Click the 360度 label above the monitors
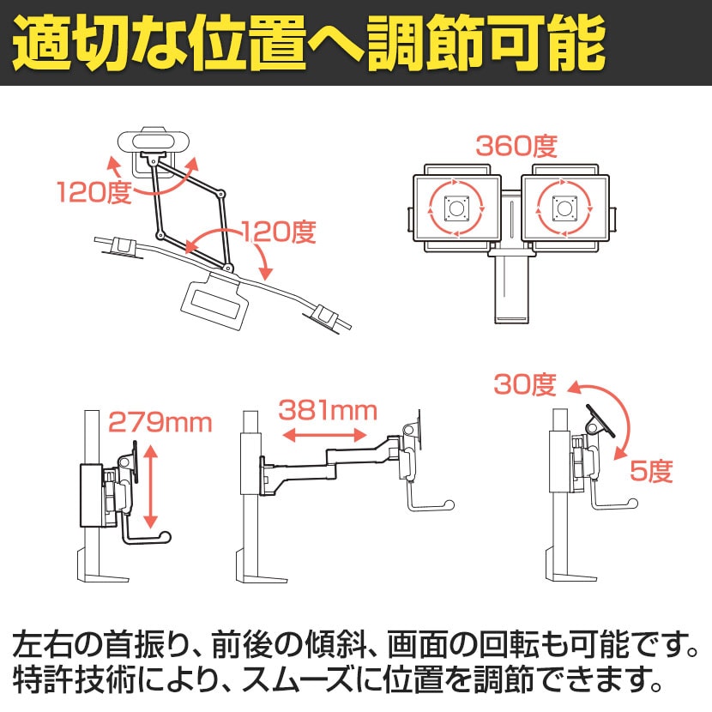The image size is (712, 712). (x=516, y=147)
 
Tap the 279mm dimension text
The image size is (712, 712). (x=160, y=422)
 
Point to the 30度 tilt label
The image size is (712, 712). (x=525, y=385)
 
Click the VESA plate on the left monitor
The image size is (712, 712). (x=456, y=207)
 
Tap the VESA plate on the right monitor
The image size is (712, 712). (x=564, y=207)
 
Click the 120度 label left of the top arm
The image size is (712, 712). (x=94, y=191)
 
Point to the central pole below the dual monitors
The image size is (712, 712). (x=511, y=287)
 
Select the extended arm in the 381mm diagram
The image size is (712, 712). (x=335, y=458)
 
